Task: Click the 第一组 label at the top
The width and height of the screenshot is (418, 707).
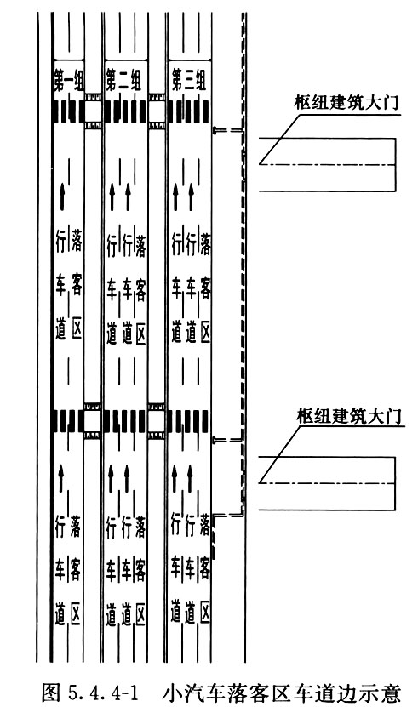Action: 69,79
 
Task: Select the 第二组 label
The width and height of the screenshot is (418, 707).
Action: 123,80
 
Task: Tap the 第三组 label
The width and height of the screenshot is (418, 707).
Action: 189,80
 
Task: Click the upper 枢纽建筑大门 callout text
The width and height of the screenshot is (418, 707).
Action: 346,102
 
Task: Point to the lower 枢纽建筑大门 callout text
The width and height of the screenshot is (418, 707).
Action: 348,415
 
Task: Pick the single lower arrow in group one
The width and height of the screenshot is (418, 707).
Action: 62,478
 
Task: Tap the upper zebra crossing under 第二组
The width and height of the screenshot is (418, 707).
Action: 125,111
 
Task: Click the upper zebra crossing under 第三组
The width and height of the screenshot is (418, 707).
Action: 188,111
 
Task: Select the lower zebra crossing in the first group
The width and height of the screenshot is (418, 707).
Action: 69,420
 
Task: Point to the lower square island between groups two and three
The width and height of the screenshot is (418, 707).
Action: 157,420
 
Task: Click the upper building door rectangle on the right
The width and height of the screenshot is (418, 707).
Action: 327,164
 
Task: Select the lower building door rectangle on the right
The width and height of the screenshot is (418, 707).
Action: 327,483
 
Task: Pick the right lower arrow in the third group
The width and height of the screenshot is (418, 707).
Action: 190,478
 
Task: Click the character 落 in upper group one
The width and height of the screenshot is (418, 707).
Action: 77,242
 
